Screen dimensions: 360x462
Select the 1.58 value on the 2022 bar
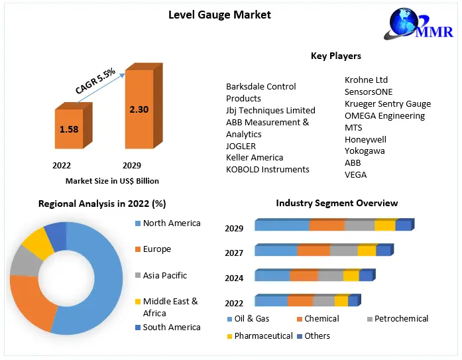(68, 129)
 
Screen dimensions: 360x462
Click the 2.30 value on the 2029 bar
(139, 109)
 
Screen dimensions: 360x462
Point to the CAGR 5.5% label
(95, 80)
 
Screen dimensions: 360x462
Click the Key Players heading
(335, 56)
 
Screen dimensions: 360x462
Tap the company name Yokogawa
(365, 151)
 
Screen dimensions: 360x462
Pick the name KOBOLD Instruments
(268, 169)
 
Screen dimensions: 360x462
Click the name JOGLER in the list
(241, 146)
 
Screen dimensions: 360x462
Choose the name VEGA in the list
(355, 175)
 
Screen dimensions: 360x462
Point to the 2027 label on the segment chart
(234, 253)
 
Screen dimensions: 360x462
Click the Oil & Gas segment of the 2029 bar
(282, 225)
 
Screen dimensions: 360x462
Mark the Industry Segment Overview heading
(337, 203)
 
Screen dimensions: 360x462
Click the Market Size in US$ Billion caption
(112, 181)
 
